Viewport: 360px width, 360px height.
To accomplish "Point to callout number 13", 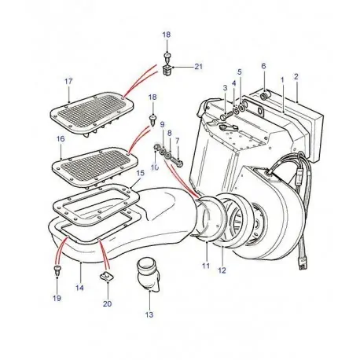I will point(149,315).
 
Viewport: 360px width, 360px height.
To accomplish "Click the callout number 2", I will point(296,76).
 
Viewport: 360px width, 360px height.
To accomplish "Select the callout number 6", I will point(263,66).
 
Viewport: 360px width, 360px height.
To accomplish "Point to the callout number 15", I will point(140,173).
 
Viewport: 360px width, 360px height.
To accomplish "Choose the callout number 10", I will point(155,167).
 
